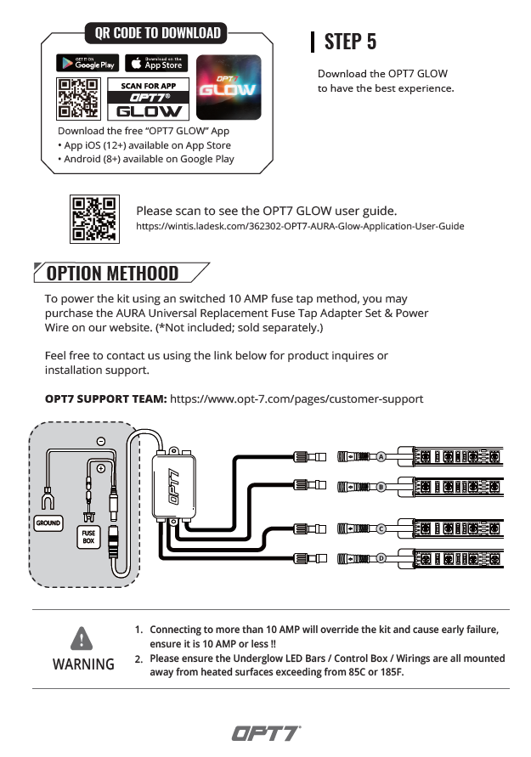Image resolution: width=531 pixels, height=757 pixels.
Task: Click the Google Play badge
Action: [88, 63]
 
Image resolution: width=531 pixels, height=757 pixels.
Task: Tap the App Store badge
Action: [156, 63]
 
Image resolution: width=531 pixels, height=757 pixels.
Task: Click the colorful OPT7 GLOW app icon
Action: [228, 87]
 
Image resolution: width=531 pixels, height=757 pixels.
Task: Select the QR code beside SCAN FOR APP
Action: [77, 99]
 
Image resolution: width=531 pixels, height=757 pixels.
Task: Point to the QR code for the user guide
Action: [93, 218]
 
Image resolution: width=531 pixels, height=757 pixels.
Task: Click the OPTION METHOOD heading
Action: [112, 273]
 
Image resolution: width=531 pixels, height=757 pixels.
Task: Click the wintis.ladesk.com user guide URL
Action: [300, 227]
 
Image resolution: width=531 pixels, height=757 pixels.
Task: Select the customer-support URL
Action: [297, 398]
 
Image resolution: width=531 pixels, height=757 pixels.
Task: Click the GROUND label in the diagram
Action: [48, 523]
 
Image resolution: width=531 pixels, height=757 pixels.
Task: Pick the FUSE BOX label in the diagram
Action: [88, 537]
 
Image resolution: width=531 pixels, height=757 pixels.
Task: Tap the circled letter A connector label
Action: [381, 456]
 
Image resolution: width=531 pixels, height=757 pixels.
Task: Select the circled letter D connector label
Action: [381, 558]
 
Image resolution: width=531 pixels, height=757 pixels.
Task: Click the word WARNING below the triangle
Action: [83, 664]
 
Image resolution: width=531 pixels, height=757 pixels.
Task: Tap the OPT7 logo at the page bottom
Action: [265, 732]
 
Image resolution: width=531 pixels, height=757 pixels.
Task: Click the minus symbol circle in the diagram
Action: [100, 442]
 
